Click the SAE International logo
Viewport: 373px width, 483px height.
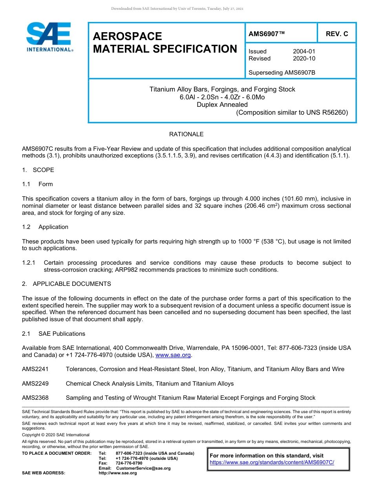click(x=49, y=37)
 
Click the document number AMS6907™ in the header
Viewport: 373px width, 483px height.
click(x=267, y=34)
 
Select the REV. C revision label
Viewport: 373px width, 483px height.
click(x=337, y=34)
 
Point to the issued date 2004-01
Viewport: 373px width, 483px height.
click(x=304, y=51)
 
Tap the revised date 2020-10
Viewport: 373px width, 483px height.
click(x=304, y=59)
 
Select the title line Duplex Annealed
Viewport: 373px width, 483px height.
click(x=222, y=104)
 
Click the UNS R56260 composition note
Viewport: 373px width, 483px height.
click(x=292, y=113)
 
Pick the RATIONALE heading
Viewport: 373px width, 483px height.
click(x=186, y=134)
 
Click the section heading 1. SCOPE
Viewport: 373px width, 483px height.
click(x=38, y=170)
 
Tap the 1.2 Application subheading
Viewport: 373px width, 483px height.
click(x=45, y=227)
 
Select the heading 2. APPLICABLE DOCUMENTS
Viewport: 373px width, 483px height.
click(x=66, y=284)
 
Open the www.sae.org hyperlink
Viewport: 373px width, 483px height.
click(x=173, y=355)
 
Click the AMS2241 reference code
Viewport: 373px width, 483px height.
click(x=35, y=369)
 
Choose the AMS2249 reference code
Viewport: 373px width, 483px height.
click(x=35, y=384)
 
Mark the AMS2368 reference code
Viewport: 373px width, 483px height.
click(x=35, y=398)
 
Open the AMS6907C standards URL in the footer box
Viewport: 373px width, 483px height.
click(x=272, y=462)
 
